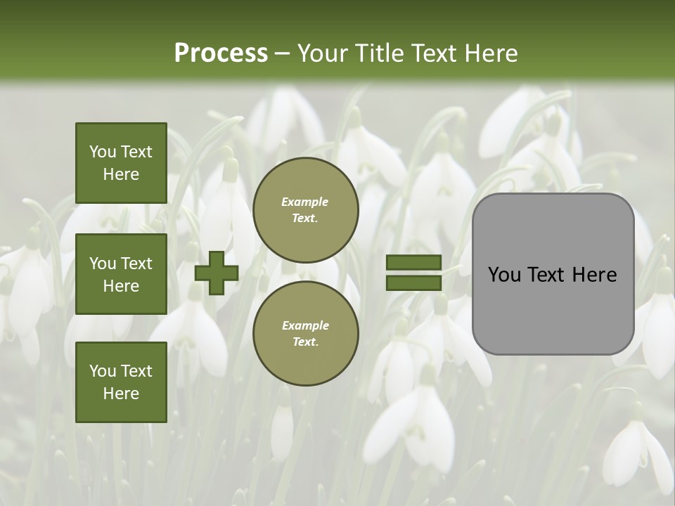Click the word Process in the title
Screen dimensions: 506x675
[221, 53]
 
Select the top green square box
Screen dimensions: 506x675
[121, 163]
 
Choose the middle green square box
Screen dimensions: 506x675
[121, 274]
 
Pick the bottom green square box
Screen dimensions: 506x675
[121, 382]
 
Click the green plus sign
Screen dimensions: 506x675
[217, 273]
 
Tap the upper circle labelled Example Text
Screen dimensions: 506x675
[306, 209]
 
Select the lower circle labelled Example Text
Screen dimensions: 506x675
[306, 333]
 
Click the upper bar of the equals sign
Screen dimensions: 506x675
[413, 262]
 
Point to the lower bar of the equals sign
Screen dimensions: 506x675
[413, 283]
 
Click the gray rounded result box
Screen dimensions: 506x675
[553, 274]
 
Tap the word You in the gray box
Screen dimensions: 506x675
[503, 275]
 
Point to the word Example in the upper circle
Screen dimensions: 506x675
[305, 202]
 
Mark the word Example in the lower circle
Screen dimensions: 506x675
[305, 325]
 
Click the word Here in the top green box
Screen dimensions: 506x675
[121, 174]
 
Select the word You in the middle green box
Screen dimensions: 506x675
[103, 264]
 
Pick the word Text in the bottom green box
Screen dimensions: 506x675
[136, 371]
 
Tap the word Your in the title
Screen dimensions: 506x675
[322, 53]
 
